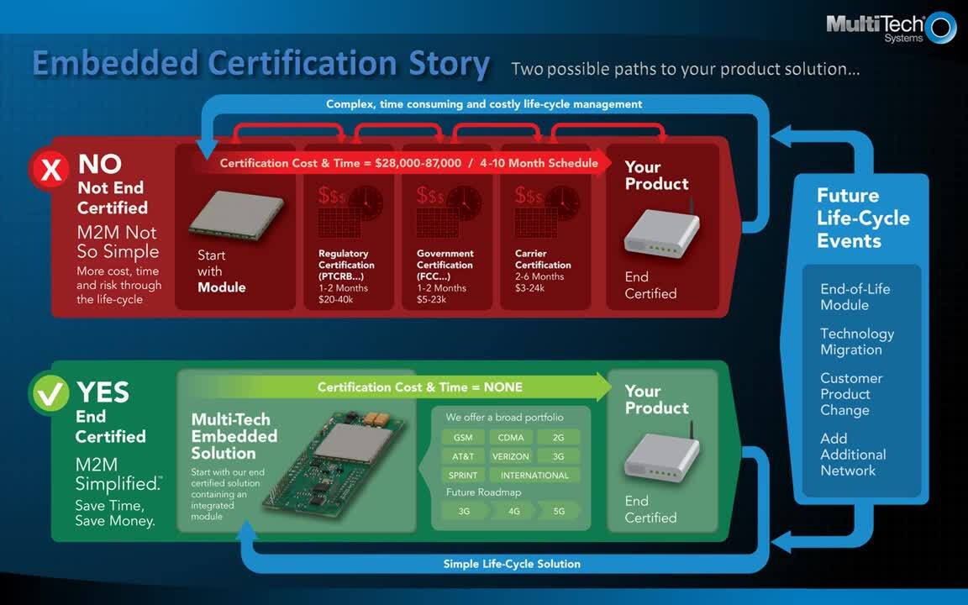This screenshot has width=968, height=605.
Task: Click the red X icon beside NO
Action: [x=51, y=170]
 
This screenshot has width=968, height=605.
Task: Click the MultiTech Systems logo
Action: [x=890, y=26]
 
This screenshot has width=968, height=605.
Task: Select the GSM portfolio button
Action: [x=463, y=438]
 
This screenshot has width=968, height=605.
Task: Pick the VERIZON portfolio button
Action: [x=511, y=456]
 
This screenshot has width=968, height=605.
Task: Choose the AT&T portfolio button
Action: [x=463, y=456]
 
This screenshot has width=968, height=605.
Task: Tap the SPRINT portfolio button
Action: [x=463, y=475]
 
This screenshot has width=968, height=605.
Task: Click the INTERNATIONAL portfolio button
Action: [x=534, y=475]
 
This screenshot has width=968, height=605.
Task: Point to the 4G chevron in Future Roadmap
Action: [x=513, y=511]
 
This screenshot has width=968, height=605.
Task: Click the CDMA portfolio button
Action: [x=511, y=438]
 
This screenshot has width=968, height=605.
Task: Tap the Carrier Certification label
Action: [x=543, y=259]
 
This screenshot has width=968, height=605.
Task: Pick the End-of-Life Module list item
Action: [x=855, y=297]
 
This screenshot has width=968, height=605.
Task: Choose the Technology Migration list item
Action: [x=856, y=341]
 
